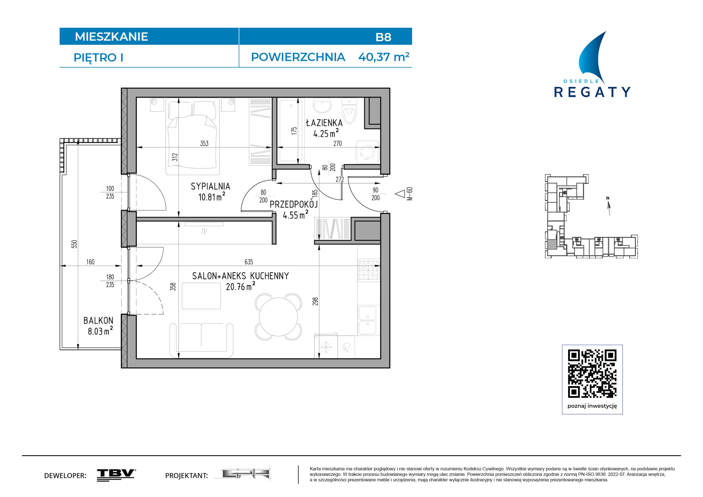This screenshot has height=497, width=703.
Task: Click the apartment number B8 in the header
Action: tap(383, 37)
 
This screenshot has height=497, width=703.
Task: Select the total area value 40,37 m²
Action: tap(384, 57)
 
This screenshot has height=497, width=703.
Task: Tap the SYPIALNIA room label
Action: tap(210, 186)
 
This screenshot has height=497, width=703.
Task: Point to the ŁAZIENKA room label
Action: tap(324, 123)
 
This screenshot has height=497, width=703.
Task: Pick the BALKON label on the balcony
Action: tap(98, 321)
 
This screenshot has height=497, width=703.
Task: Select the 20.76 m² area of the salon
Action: tap(240, 286)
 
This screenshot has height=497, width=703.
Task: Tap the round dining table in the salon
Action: tap(278, 317)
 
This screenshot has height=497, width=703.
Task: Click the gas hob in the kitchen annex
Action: tap(369, 270)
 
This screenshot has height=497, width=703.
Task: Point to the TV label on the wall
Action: tap(204, 231)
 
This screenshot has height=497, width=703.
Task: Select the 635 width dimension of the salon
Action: tap(249, 262)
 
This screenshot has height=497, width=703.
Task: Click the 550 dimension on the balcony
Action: tap(74, 244)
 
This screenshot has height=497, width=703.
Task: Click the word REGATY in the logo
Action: tap(592, 92)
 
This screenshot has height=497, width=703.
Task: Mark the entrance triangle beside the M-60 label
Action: tap(400, 194)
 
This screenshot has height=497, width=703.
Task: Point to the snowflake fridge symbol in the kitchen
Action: tap(326, 348)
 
